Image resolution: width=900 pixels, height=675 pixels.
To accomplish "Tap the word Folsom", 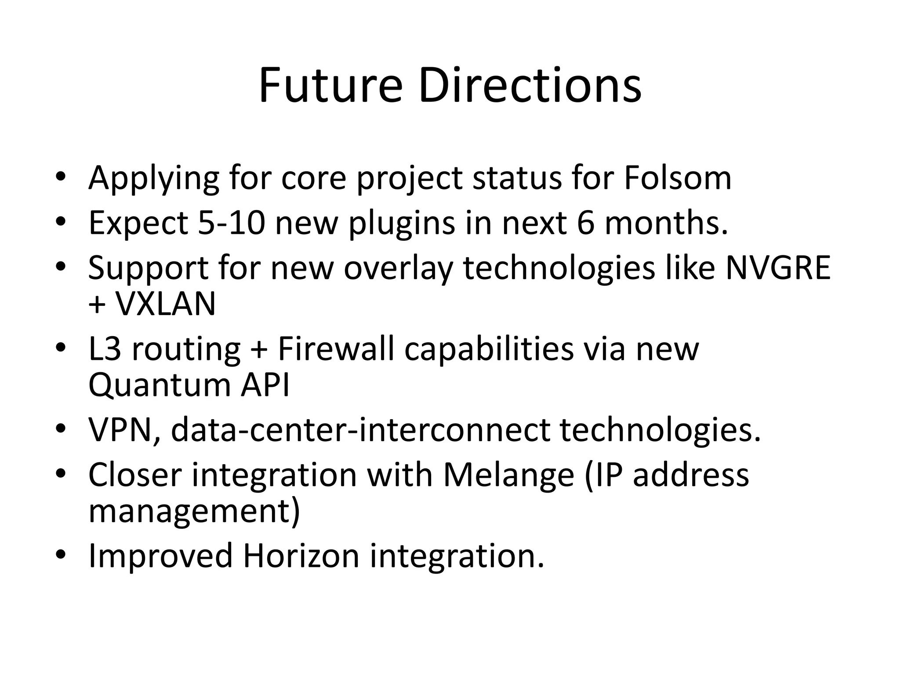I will [677, 178].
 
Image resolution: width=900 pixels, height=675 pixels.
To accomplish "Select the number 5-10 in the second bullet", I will [232, 223].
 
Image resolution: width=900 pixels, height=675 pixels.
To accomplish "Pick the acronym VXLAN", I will [165, 304].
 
